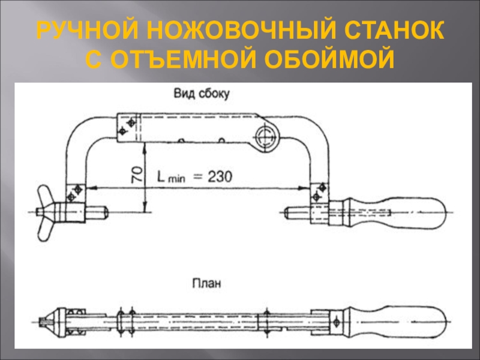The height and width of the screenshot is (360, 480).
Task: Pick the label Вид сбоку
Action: point(201,94)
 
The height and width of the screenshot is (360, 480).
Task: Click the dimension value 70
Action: point(136,175)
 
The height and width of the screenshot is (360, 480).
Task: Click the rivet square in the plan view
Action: point(338,319)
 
